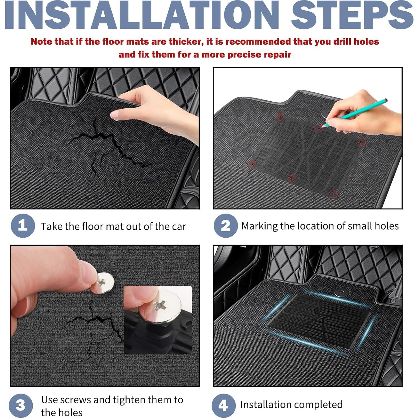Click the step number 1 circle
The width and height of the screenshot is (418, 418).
coord(23,226)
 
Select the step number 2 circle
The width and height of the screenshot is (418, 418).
coord(226,226)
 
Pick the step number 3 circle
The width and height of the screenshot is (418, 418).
coord(21,405)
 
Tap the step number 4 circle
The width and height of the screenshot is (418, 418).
coord(223,405)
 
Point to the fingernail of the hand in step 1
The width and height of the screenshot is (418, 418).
coord(115,114)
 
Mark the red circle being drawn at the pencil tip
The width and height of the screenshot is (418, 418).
coord(319,128)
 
